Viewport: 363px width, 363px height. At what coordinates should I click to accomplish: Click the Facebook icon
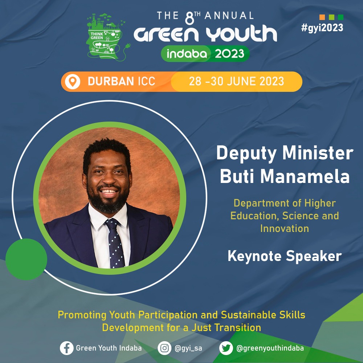pos(67,348)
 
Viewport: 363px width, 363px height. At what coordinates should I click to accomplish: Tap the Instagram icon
pos(164,348)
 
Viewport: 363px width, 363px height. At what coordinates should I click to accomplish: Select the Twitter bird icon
pos(226,348)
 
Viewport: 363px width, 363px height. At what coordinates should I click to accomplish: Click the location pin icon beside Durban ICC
pos(73,82)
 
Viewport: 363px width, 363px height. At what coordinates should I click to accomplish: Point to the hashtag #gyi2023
pos(322,28)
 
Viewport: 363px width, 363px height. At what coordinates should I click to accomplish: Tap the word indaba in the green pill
pos(187,54)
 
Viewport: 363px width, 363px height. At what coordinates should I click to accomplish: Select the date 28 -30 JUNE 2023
pos(236,81)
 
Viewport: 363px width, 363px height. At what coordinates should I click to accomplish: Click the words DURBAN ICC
pos(121,81)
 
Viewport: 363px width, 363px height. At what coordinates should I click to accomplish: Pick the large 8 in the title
pos(189,18)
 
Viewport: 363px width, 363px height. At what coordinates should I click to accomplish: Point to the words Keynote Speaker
pos(285,256)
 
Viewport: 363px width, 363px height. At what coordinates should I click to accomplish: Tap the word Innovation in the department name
pos(285,228)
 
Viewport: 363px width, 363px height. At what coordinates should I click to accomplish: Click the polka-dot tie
pos(115,243)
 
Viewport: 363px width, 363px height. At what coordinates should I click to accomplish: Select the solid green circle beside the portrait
pos(26,259)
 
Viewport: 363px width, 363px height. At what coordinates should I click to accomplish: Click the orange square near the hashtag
pos(322,17)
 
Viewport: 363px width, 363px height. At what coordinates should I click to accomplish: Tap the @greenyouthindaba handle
pos(270,348)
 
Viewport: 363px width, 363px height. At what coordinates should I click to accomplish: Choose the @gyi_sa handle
pos(188,348)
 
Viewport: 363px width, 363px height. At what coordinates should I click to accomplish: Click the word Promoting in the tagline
pos(82,315)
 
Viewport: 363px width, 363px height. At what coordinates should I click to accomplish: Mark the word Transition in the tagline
pos(238,327)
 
